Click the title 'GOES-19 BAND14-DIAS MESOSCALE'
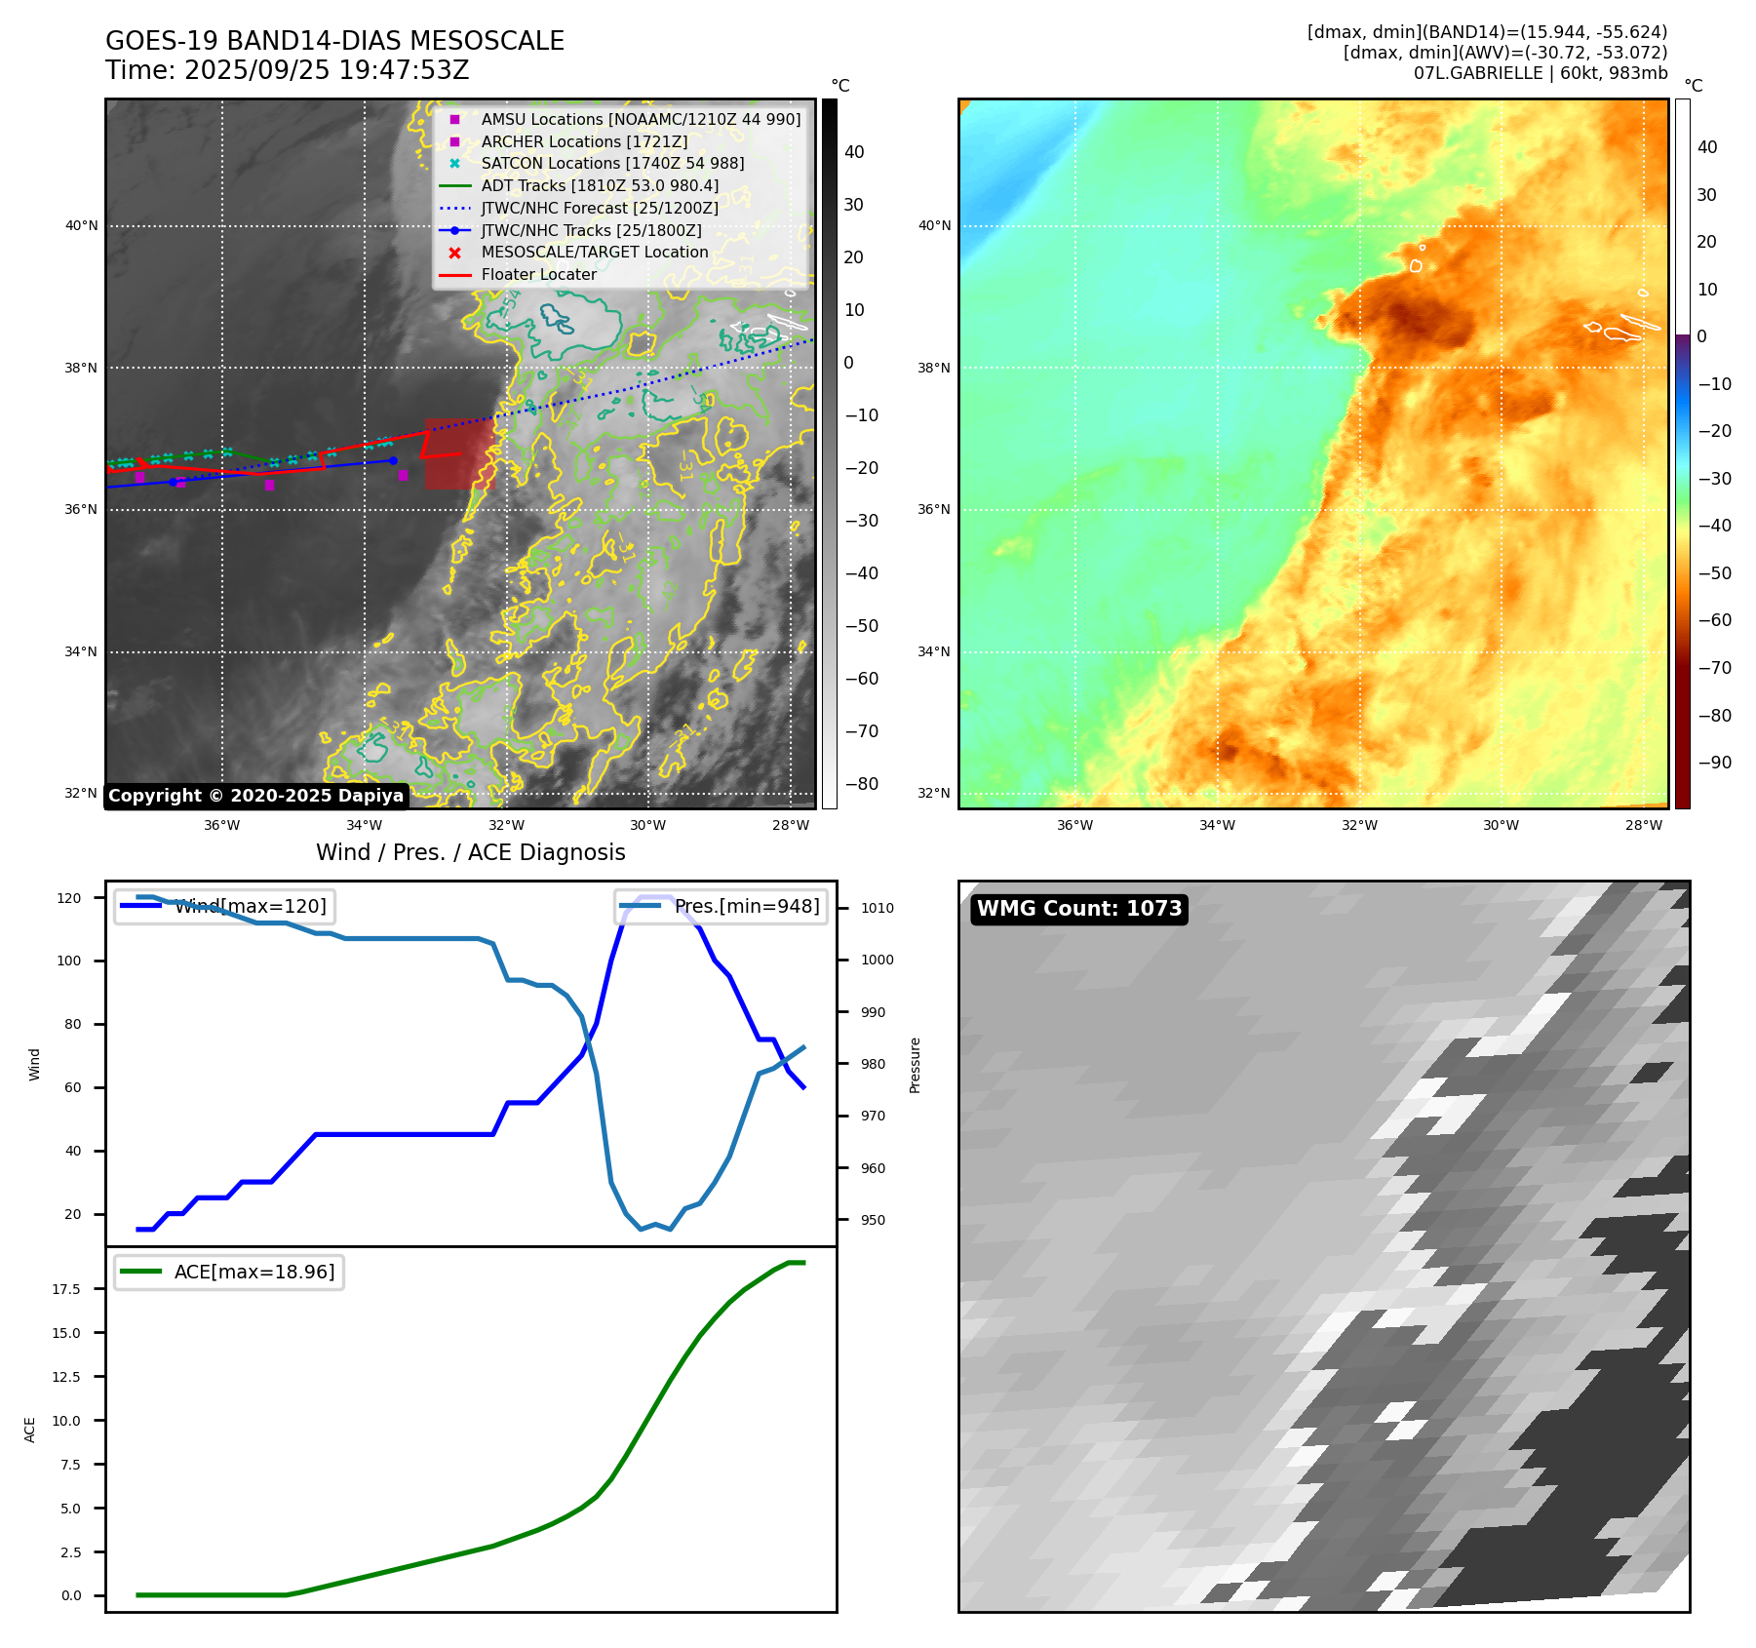point(334,41)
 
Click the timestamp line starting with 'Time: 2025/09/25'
point(288,70)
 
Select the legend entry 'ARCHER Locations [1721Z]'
point(583,141)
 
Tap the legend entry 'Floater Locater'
point(538,275)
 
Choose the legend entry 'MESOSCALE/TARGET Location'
point(594,253)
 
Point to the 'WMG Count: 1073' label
point(1078,909)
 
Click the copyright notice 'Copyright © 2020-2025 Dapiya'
point(255,796)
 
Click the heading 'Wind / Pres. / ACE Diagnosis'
point(470,852)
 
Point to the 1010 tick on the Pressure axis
point(877,908)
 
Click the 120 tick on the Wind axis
point(69,898)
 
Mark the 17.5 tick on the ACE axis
point(66,1289)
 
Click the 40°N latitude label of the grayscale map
point(81,226)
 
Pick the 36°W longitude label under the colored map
point(1074,826)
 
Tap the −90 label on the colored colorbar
point(1714,763)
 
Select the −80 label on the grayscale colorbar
point(861,784)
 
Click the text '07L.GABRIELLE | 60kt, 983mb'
point(1540,73)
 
